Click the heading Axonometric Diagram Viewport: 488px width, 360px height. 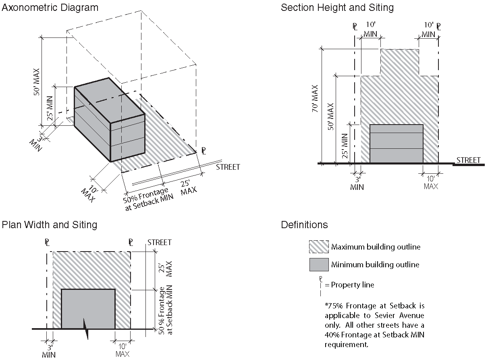click(50, 8)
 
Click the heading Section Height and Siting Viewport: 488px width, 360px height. click(337, 8)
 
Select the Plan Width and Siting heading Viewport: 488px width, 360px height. click(50, 225)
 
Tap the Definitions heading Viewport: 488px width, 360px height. click(304, 225)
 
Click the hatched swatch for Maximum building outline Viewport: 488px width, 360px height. click(319, 247)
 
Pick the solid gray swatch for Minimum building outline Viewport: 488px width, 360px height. click(319, 264)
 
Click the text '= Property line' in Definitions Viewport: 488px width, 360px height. click(349, 285)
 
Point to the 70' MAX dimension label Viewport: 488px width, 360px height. click(315, 98)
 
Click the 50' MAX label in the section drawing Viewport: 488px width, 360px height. click(331, 117)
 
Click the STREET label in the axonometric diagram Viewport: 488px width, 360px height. click(228, 167)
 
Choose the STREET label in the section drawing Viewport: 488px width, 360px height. click(468, 160)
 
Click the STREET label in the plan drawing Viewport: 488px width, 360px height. click(159, 242)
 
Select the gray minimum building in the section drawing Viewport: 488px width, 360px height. click(396, 144)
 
